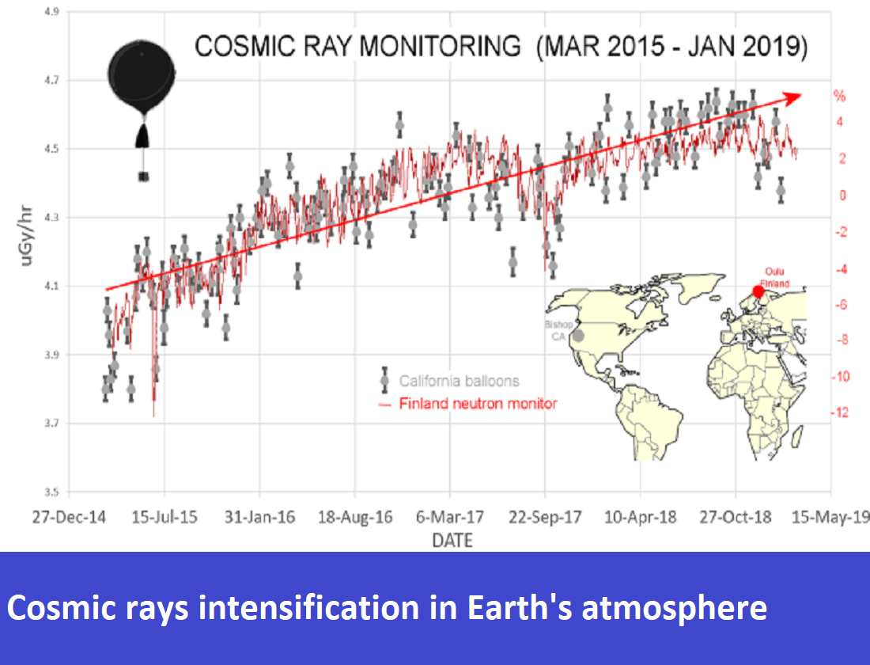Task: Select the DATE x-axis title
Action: pos(452,541)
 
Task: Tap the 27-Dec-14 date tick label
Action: pos(70,518)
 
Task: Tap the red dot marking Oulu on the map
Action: pos(758,291)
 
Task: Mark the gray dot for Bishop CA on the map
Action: pos(578,335)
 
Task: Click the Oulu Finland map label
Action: pos(773,276)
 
